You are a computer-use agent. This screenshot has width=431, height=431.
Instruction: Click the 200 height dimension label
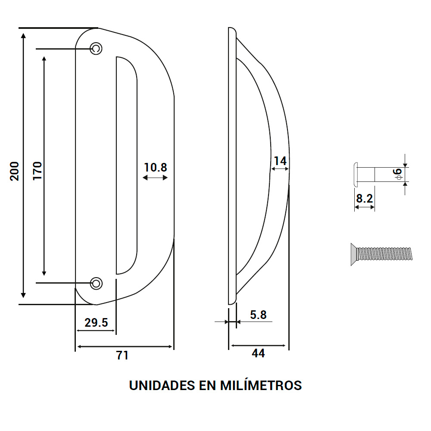click(x=14, y=171)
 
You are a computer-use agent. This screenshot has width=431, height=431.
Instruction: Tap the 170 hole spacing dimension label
click(x=37, y=171)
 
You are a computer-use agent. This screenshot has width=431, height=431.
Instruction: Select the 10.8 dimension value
click(x=155, y=167)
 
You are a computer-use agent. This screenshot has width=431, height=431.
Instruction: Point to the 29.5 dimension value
click(x=96, y=322)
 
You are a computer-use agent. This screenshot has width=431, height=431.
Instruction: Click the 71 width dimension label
click(x=122, y=355)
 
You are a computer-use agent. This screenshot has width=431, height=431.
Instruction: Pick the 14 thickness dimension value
click(x=280, y=161)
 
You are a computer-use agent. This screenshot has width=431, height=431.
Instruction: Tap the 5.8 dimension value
click(x=258, y=315)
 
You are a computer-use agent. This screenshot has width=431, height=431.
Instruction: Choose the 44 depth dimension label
click(x=258, y=353)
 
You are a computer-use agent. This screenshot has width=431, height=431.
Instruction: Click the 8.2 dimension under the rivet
click(x=365, y=198)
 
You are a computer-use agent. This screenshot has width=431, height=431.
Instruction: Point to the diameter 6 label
click(x=398, y=174)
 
